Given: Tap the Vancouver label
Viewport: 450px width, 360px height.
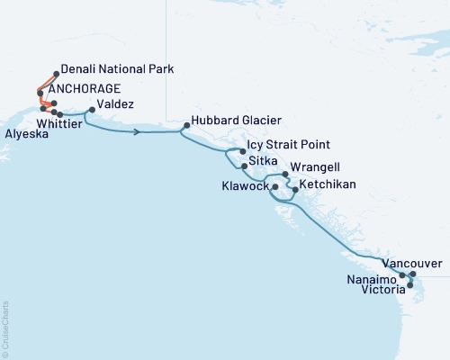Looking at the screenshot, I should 411,264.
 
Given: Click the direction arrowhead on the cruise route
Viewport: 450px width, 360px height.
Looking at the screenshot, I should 137,131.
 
